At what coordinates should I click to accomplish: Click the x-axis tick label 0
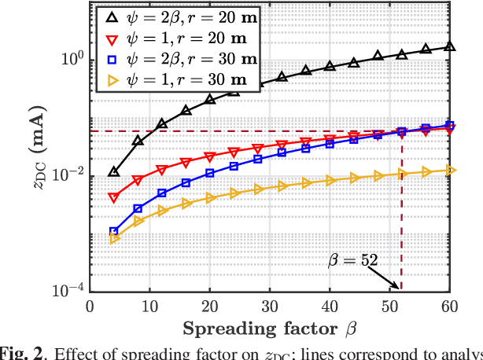(90, 306)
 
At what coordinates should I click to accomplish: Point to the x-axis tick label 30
(270, 306)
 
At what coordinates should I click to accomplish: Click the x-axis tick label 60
(450, 306)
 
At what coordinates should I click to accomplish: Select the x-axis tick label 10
(149, 306)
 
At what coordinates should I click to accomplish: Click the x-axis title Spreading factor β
(270, 326)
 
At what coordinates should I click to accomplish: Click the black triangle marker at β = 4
(114, 171)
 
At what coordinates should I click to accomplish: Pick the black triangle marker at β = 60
(450, 46)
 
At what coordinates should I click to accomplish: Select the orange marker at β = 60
(450, 170)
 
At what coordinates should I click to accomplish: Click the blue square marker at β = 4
(114, 232)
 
